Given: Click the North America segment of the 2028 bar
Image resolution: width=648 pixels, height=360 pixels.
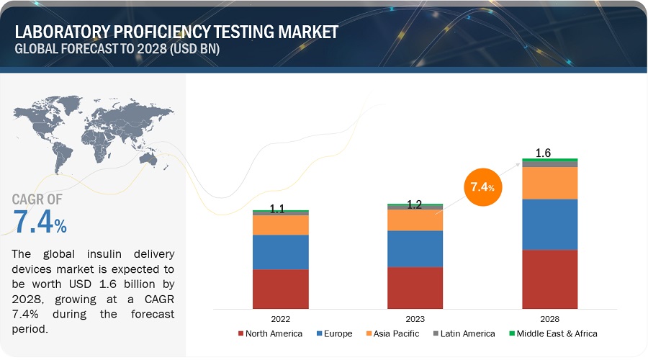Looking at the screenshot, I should [550, 279].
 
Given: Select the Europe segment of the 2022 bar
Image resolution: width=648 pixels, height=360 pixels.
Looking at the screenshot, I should [280, 252].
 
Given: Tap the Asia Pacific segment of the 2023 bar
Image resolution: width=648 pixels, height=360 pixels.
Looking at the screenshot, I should [415, 220].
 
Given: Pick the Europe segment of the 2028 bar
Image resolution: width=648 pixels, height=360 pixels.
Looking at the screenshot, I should [550, 225].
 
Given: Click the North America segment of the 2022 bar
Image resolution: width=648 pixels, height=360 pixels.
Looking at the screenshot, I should [280, 289].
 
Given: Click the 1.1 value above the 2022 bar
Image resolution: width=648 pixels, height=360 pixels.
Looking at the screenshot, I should [277, 210].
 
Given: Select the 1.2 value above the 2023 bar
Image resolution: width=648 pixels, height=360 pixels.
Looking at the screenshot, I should [414, 204].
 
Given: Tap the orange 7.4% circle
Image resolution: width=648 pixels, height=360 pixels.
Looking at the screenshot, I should [482, 187].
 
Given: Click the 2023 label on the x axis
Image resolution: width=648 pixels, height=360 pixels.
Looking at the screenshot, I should [415, 318].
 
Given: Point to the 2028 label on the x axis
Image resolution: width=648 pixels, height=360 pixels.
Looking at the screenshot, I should [550, 318].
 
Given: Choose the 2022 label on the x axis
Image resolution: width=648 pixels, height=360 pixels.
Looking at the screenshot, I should [280, 318].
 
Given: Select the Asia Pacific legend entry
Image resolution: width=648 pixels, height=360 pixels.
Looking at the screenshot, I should [393, 333].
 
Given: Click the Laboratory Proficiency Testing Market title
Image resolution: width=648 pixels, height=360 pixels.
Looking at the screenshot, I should [176, 32].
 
